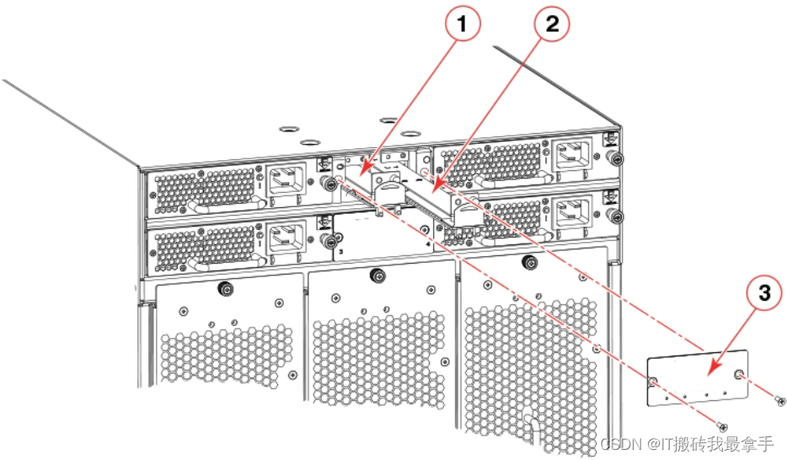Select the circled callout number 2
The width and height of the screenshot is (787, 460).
click(551, 25)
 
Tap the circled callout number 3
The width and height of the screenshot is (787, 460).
click(763, 293)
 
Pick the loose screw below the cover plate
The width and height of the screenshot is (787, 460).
click(720, 427)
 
